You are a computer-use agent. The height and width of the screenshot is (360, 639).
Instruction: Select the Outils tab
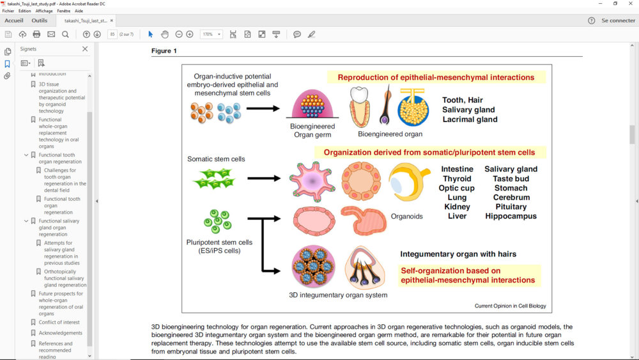[x=39, y=20]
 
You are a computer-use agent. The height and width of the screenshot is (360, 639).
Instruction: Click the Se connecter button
[x=618, y=20]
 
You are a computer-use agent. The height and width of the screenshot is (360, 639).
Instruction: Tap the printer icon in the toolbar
[x=36, y=34]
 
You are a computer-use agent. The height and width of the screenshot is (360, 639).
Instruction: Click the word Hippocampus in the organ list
[x=511, y=216]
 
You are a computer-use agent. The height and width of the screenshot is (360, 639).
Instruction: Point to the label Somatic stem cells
[x=216, y=159]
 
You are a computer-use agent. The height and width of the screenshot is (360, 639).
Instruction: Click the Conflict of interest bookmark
[x=59, y=322]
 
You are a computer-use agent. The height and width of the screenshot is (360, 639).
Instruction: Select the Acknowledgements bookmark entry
[x=60, y=333]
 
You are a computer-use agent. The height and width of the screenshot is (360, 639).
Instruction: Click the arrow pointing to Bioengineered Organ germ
[x=263, y=108]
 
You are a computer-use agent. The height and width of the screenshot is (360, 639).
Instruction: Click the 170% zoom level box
[x=211, y=34]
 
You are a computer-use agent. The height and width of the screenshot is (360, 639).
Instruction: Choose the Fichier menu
[x=8, y=11]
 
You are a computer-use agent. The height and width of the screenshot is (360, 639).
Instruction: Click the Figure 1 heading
[x=164, y=51]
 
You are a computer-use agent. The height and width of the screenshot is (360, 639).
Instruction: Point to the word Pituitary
[x=511, y=207]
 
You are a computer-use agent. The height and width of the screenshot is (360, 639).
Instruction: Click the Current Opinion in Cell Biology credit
[x=510, y=306]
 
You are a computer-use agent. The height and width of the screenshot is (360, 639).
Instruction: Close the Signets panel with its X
[x=85, y=49]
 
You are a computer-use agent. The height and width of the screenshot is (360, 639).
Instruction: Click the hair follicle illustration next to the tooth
[x=386, y=106]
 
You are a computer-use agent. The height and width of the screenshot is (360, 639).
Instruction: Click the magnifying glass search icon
[x=65, y=34]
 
